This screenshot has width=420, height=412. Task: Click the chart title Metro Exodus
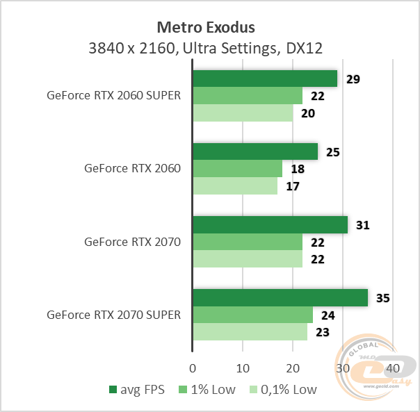(205, 27)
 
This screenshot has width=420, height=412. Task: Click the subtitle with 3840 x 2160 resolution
(205, 48)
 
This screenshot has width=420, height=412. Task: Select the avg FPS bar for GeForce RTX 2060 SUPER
(265, 79)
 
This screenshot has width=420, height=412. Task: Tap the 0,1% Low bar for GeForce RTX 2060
(235, 186)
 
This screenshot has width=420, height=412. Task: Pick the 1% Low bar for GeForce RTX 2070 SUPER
(252, 315)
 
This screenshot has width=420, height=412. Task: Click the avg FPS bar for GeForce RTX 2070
(270, 224)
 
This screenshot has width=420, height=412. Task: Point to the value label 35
(382, 298)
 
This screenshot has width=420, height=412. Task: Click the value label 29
(353, 79)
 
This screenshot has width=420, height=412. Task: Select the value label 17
(293, 187)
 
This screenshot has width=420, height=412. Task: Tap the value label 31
(363, 225)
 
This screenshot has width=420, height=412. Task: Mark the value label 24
(328, 315)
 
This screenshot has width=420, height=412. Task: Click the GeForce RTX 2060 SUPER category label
(113, 96)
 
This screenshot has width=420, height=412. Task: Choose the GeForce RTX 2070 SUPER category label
(113, 315)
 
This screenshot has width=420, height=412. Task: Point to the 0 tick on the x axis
(193, 367)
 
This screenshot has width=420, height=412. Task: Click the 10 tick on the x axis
(243, 367)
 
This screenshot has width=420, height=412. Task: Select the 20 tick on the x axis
(293, 367)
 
